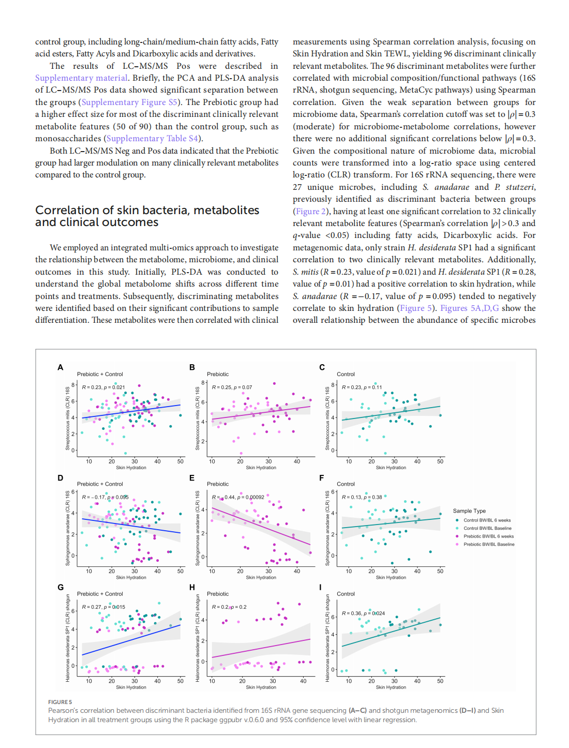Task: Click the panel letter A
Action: pos(61,367)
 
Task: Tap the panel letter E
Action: pos(192,477)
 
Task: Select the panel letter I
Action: pos(321,587)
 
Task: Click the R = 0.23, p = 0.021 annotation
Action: pos(103,387)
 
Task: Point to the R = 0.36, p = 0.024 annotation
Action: pos(363,614)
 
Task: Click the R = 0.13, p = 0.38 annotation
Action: pos(362,497)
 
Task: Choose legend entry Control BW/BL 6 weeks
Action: pos(487,520)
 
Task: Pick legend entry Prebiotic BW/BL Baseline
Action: pos(489,544)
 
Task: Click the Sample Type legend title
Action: pos(469,511)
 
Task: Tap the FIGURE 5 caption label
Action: pos(60,702)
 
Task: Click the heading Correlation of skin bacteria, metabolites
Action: pos(147,210)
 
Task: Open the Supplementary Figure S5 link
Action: pos(129,102)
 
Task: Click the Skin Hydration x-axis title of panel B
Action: pos(261,468)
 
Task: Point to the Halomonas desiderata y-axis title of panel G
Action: pos(67,638)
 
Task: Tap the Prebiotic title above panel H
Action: pos(218,594)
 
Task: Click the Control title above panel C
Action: pos(346,374)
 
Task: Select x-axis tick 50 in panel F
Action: pos(440,571)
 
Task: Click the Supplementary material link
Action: pos(81,78)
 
